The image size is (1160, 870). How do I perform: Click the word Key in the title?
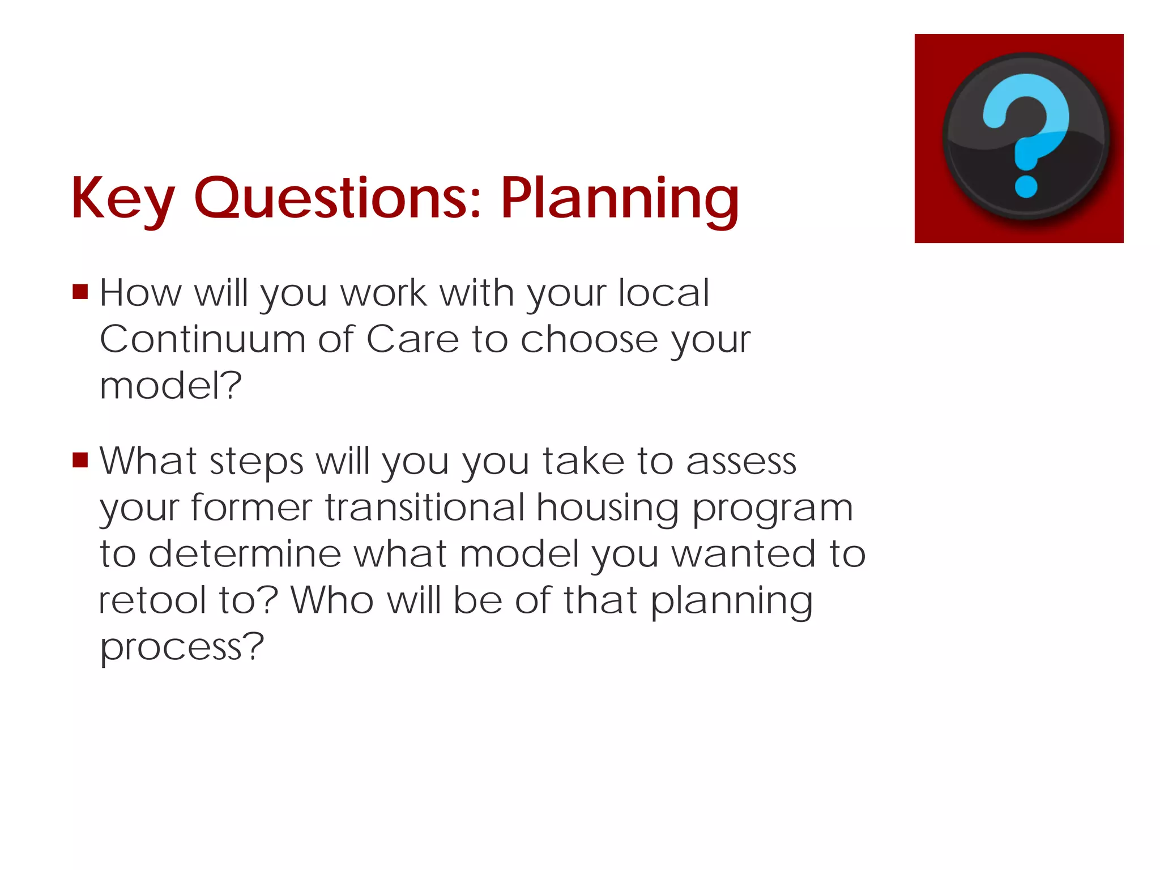pyautogui.click(x=122, y=198)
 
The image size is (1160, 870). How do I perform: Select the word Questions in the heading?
pyautogui.click(x=338, y=198)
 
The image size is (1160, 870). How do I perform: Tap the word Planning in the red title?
pyautogui.click(x=620, y=198)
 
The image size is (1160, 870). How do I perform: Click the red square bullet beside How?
pyautogui.click(x=80, y=292)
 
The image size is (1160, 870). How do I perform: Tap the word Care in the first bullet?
pyautogui.click(x=412, y=339)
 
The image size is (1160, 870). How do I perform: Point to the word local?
pyautogui.click(x=663, y=293)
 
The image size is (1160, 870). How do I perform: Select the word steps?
pyautogui.click(x=256, y=462)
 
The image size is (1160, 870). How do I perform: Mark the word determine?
pyautogui.click(x=245, y=553)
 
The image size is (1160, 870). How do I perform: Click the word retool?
pyautogui.click(x=152, y=600)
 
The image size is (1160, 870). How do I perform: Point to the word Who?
pyautogui.click(x=332, y=600)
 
